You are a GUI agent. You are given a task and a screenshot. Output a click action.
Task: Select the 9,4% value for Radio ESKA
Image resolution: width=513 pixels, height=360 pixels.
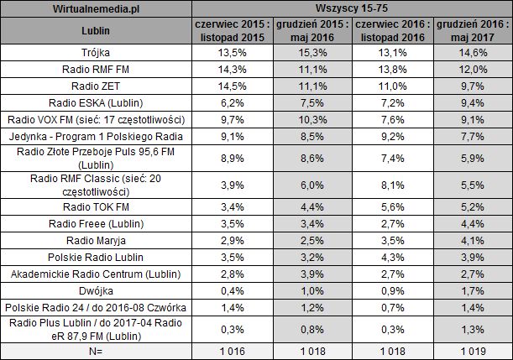coord(473,103)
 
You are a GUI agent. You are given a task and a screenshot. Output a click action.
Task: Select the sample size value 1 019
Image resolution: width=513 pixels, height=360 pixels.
coord(473,351)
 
